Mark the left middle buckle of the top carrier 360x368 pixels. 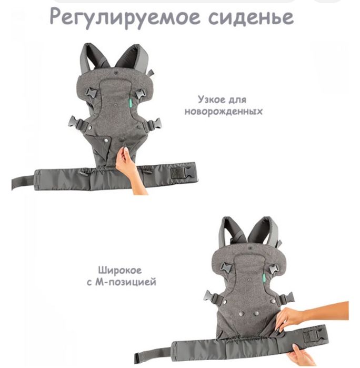(x=77, y=124)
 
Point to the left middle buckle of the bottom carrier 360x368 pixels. (x=213, y=297)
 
